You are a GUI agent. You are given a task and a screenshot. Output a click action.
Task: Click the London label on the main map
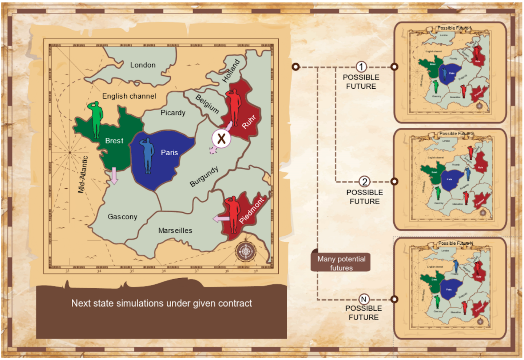click(143, 65)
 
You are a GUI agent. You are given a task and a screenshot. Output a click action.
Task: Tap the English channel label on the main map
click(129, 96)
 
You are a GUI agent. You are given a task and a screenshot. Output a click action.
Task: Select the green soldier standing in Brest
click(96, 120)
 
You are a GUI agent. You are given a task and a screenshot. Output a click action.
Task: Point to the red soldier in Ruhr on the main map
click(233, 107)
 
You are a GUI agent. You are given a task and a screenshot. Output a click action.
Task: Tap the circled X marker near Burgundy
click(221, 139)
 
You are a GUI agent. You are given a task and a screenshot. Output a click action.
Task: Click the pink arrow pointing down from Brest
click(114, 176)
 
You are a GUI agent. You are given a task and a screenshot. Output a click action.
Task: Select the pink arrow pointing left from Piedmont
click(221, 219)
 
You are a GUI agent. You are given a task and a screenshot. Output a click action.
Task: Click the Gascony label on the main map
click(122, 217)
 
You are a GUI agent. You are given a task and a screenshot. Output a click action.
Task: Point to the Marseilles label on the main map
click(175, 231)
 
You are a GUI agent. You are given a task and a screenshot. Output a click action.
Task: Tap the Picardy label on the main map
click(173, 113)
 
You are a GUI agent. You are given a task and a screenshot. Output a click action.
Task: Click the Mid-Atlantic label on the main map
click(83, 175)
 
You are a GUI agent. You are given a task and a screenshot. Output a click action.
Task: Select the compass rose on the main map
click(245, 251)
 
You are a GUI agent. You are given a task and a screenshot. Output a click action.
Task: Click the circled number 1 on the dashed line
click(361, 67)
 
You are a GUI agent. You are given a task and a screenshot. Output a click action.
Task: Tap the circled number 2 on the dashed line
click(364, 182)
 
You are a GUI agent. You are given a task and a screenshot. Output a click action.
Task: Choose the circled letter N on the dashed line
click(364, 299)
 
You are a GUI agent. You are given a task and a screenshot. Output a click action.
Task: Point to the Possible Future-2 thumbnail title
click(456, 133)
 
